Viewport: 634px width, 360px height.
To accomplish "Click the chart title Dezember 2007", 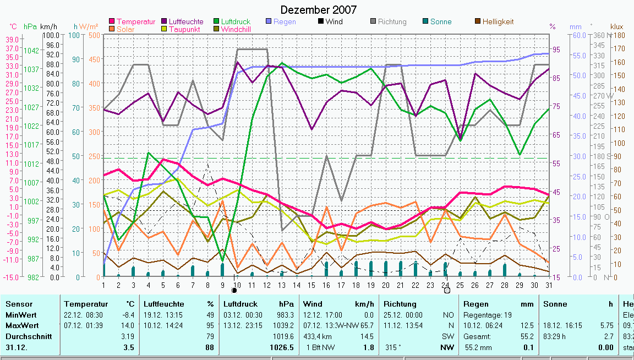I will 318,10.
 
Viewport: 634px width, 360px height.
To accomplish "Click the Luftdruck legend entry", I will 236,21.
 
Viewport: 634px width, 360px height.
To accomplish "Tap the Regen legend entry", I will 285,21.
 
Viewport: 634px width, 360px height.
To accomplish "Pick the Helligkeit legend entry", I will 498,21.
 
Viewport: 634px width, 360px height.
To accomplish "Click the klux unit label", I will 616,26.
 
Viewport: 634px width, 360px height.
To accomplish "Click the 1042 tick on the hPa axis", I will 32,50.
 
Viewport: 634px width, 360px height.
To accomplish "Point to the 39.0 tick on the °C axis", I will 12,39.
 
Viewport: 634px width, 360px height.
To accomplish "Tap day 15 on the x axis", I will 311,284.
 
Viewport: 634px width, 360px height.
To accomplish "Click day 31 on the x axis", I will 549,284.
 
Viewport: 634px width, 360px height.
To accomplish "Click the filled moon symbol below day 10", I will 234,290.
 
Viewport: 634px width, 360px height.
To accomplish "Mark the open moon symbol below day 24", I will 447,290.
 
